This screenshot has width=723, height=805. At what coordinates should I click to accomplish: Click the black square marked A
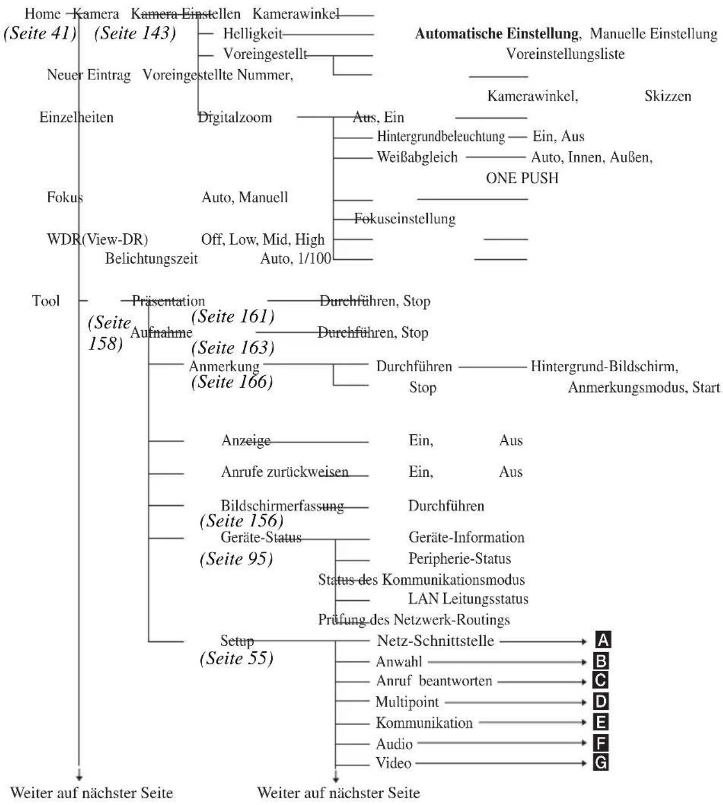603,640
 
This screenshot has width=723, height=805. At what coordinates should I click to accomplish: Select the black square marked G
600,763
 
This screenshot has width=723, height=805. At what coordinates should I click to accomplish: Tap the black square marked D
600,702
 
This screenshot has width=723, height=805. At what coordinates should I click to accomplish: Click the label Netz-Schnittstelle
435,640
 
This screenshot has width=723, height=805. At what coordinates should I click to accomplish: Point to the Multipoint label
407,702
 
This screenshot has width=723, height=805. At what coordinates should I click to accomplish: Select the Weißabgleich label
417,157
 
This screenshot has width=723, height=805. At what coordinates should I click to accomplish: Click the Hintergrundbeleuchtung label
441,136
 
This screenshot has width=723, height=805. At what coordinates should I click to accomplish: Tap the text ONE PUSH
522,178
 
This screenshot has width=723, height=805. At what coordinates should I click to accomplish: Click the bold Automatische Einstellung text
496,34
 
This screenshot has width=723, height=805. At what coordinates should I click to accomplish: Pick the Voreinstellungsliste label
565,54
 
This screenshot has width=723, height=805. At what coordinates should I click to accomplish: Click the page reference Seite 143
135,33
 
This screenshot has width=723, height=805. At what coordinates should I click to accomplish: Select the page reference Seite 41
40,33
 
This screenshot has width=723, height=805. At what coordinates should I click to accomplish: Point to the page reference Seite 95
236,559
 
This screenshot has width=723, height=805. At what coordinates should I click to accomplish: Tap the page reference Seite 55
236,658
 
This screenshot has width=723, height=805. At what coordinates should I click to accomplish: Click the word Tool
46,301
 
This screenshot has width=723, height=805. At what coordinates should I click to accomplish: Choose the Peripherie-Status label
459,559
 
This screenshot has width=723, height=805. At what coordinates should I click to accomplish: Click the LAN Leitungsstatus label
468,599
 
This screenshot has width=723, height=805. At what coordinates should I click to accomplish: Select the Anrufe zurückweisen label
285,472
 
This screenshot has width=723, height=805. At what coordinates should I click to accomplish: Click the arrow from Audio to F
502,743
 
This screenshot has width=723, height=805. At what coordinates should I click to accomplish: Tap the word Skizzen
668,96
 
